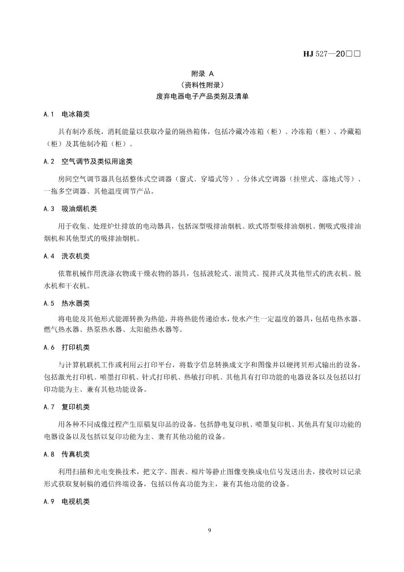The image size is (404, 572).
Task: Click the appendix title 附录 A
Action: click(202, 74)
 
